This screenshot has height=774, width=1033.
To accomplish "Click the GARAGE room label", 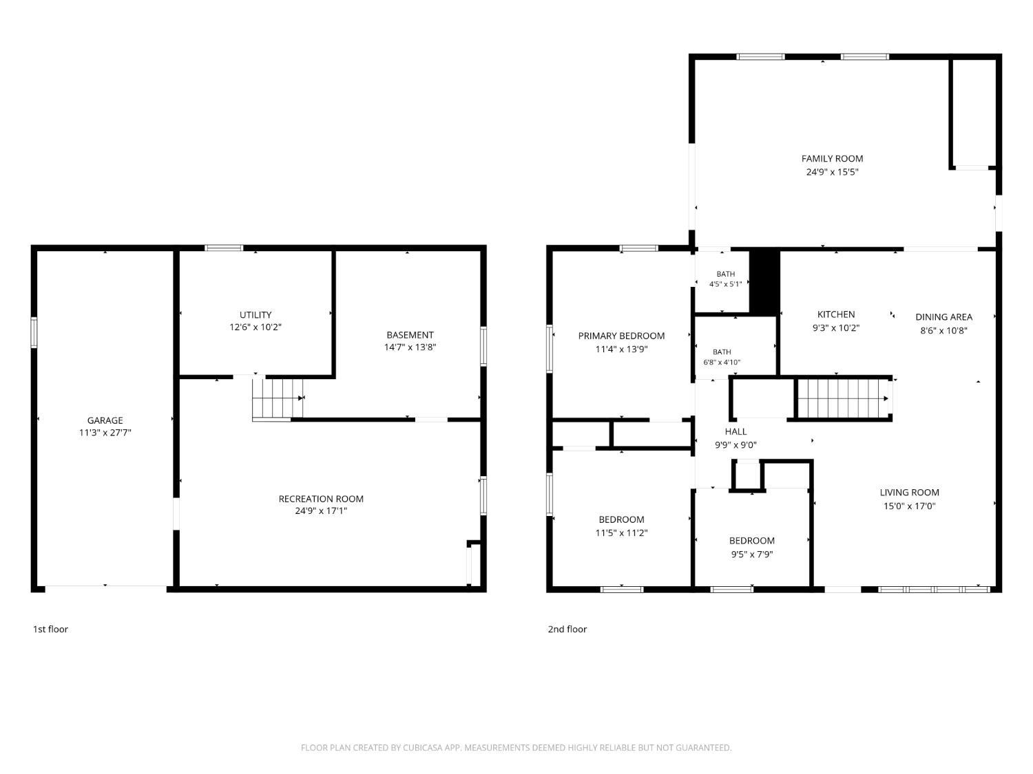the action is click(105, 420).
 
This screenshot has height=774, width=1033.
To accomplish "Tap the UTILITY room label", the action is click(255, 315).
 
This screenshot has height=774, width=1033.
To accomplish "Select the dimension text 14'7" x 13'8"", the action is click(410, 347).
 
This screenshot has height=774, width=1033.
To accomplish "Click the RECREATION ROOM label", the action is click(321, 499).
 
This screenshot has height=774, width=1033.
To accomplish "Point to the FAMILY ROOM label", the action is click(832, 159).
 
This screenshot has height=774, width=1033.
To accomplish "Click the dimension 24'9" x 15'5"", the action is click(832, 172).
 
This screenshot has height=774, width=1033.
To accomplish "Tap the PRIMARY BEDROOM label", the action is click(621, 336).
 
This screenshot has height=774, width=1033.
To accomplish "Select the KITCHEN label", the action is click(836, 314).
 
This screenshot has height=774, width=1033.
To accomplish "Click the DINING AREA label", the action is click(943, 317).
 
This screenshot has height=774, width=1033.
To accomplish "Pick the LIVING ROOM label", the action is click(909, 493).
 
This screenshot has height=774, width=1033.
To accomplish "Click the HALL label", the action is click(735, 431).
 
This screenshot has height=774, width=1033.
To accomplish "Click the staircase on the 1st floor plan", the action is click(278, 398).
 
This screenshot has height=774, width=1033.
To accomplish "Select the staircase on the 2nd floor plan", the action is click(842, 398).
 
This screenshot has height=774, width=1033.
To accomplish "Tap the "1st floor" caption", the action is click(50, 630).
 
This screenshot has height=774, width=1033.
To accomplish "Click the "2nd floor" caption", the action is click(567, 630).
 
